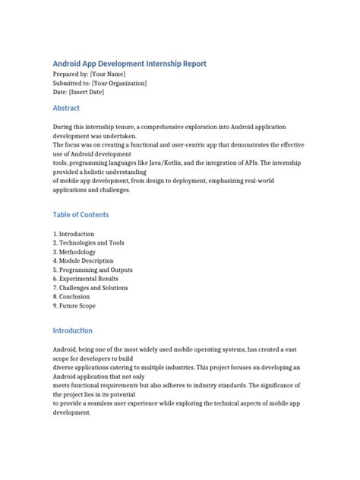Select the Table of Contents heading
[x=81, y=215]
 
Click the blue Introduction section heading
[x=73, y=330]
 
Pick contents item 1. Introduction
[x=74, y=234]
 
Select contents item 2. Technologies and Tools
[x=89, y=243]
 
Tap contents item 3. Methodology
[x=74, y=252]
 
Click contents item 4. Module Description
[x=84, y=261]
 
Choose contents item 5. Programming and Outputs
[x=93, y=270]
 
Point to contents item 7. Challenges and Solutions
[x=90, y=288]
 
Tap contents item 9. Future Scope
[x=75, y=306]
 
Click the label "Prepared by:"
[x=70, y=74]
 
